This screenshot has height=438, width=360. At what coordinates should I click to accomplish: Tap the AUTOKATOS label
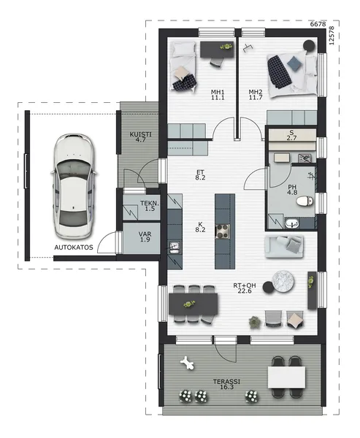coord(74,247)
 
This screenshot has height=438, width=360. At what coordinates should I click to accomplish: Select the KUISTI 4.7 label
coord(141,137)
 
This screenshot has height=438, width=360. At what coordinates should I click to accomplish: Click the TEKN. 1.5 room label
coord(150,206)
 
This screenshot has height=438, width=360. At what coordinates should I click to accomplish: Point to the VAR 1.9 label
coord(145,237)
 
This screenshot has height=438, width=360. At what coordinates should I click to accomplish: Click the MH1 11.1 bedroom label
coord(218,95)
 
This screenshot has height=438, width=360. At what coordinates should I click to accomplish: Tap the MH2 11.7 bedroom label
coord(256,95)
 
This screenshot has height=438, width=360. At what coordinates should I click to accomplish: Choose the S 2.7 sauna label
coord(291,135)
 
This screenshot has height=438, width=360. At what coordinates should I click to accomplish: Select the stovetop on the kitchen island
coord(223,231)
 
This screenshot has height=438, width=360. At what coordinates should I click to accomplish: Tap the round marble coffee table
coord(283,281)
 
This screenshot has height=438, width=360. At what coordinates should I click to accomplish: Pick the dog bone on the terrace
coord(187,363)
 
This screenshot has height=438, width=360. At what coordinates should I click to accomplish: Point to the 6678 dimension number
coord(318,24)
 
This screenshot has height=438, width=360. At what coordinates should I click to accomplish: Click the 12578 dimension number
coord(332,36)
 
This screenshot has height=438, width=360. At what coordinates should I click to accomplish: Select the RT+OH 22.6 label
coord(245,288)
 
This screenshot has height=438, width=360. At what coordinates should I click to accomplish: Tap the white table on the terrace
coord(286,377)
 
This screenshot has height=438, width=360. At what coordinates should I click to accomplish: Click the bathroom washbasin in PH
coord(292,223)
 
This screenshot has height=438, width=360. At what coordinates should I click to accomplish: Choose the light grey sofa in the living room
coord(284,247)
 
